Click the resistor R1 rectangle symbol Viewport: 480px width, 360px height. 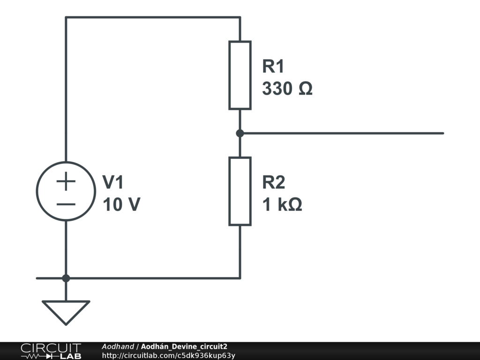240,75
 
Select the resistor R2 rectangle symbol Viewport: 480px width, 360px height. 240,191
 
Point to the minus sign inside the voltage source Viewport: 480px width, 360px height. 66,204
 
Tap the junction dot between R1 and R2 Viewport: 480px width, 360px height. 240,133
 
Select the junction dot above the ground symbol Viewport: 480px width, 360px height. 66,278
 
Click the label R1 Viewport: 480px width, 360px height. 273,67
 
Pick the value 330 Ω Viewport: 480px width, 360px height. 287,89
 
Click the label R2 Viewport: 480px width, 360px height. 273,182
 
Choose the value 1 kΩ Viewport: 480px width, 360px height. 282,204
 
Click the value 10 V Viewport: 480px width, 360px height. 121,204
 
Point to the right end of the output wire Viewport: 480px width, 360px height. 442,133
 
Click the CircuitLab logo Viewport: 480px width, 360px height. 51,351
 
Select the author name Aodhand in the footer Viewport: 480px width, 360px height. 118,346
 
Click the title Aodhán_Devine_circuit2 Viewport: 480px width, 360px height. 184,346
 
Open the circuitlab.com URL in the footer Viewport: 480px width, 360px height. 168,355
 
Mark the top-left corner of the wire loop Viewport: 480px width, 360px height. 66,18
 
